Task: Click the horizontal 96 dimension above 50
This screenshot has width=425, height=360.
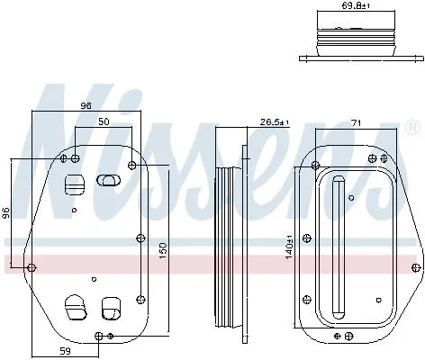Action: coord(86,106)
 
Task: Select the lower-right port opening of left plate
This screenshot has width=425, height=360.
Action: coord(110,307)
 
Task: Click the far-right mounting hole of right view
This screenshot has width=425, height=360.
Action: coord(416,266)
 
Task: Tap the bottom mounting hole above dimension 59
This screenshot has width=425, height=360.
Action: coord(98,337)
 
